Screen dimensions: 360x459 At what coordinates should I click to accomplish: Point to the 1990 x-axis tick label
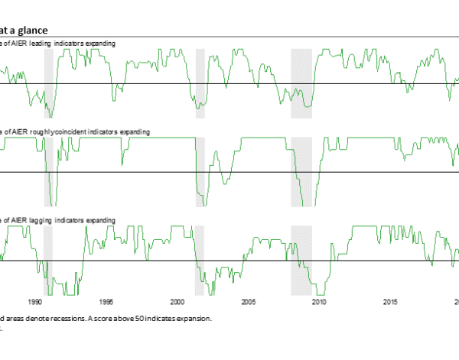pos(35,302)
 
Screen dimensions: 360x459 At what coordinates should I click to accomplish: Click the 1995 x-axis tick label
pos(106,302)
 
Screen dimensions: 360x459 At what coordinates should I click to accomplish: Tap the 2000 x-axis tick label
pos(177,302)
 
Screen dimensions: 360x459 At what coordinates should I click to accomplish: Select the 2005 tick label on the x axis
pos(248,302)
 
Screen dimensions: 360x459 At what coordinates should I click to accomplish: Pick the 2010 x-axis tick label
pos(319,302)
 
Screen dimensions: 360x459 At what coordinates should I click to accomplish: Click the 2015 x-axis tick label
pos(390,302)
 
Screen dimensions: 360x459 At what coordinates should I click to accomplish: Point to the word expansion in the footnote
pos(194,318)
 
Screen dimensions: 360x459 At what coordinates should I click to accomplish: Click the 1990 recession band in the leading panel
pos(48,83)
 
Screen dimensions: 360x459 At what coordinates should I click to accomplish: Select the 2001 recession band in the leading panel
pos(200,83)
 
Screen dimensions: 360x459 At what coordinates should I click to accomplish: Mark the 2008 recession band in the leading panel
pos(301,83)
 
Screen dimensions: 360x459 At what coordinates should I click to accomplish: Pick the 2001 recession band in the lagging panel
pos(200,260)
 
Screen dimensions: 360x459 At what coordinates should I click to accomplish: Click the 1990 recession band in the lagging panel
pos(48,260)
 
